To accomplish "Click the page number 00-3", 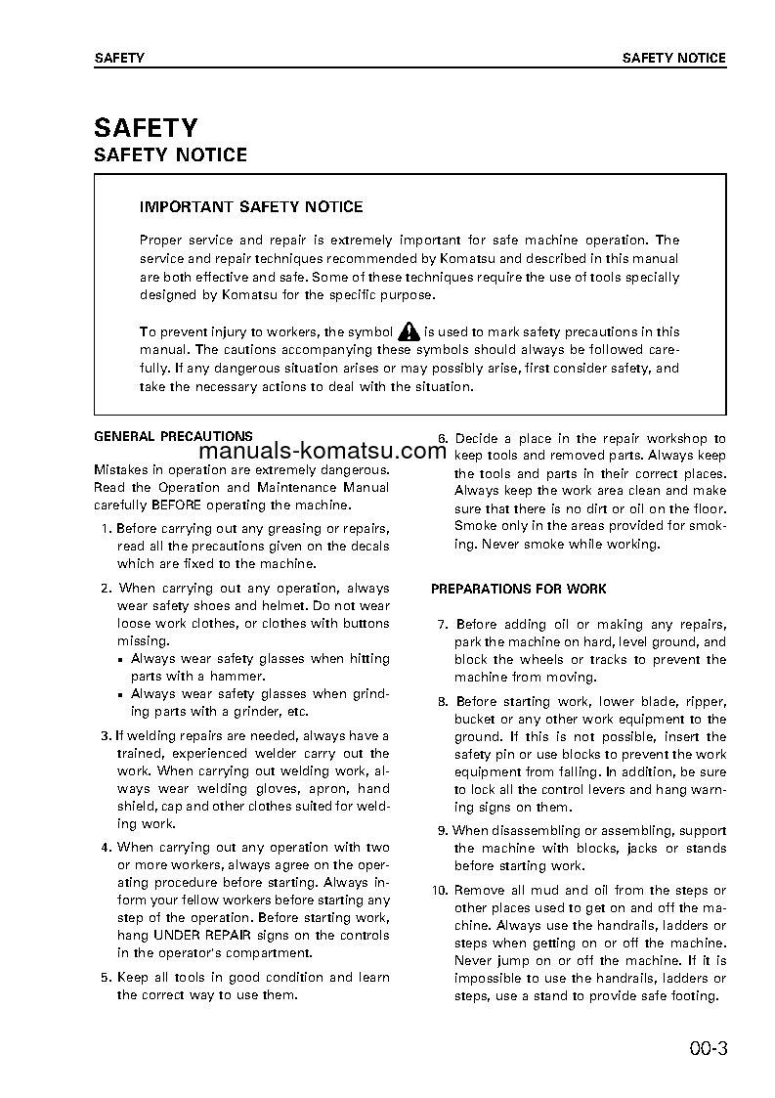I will (x=708, y=1050).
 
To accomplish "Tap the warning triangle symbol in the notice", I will (x=409, y=331).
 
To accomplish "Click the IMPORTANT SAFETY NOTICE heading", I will (x=251, y=207).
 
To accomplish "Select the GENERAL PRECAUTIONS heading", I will (x=173, y=436).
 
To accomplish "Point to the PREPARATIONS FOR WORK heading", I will (x=518, y=589).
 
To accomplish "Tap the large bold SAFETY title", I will (x=146, y=127).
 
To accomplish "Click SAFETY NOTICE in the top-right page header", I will (x=673, y=58).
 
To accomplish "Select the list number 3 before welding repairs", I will (x=106, y=735).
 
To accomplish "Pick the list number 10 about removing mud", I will (x=439, y=890).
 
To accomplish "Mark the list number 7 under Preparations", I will (x=442, y=624).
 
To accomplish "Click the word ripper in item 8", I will (x=706, y=701).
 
